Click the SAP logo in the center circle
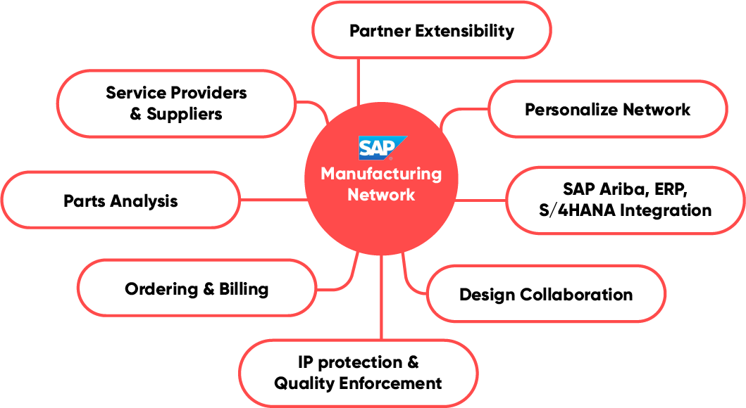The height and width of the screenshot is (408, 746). pos(381,148)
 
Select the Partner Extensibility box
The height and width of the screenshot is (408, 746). pos(431,31)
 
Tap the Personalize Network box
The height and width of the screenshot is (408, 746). pos(607,109)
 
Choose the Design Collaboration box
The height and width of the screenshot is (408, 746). pos(545,294)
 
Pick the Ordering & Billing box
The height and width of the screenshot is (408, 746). pos(196,288)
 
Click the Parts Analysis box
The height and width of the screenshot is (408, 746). pos(120,200)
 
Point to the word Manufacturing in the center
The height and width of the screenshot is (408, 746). pos(381,174)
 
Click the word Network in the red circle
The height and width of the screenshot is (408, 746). pos(381,194)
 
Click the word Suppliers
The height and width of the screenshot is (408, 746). pos(185,114)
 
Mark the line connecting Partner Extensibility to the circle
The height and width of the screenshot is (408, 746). pos(359,81)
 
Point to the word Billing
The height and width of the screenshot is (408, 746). pos(244,288)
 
